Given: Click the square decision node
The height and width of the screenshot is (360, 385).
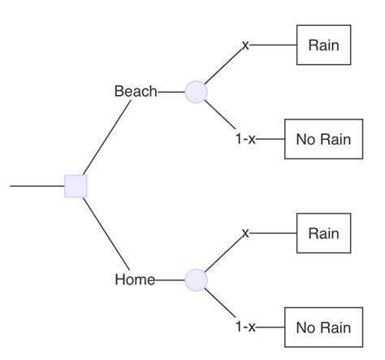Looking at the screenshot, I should tap(76, 186).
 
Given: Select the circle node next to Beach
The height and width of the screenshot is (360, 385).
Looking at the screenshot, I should tap(197, 92).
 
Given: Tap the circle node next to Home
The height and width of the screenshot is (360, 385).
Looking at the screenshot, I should tap(197, 280).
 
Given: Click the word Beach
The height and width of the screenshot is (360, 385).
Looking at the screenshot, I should tap(136, 91).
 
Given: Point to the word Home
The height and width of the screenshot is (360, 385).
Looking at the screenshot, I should tap(135, 280).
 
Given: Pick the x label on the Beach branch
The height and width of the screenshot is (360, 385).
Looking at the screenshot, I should tap(245, 46).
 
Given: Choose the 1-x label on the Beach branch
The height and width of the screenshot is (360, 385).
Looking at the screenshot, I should tap(245, 139).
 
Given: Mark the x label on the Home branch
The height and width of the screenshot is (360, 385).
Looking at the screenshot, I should tap(245, 233).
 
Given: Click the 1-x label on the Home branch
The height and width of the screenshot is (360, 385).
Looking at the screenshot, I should tap(245, 327).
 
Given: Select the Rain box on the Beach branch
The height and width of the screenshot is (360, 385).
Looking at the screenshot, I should tap(323, 46).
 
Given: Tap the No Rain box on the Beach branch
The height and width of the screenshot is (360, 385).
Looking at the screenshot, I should tap(323, 139).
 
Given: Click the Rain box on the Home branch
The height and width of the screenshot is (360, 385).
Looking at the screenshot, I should tap(323, 233).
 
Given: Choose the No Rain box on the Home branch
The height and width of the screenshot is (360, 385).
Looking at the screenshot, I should tap(323, 327).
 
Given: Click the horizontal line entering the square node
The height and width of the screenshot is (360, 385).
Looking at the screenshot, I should tap(37, 186).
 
